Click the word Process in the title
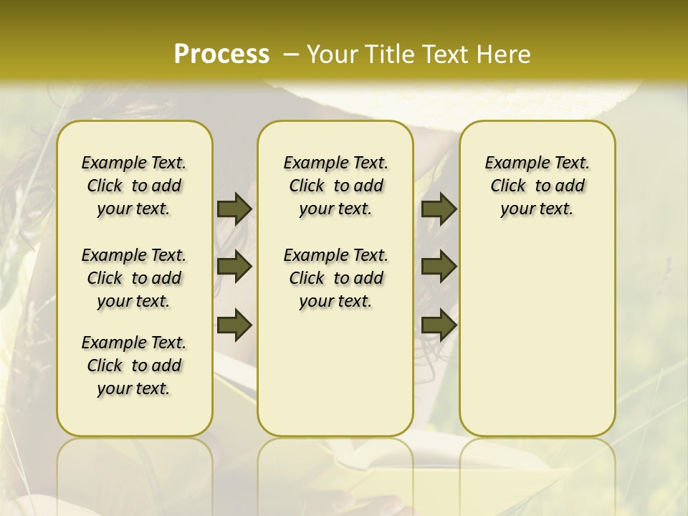click(x=221, y=54)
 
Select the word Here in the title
click(x=502, y=54)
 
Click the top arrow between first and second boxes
click(x=234, y=209)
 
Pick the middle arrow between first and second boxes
click(x=234, y=267)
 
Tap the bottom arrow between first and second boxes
click(x=234, y=325)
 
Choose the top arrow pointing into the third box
click(x=439, y=209)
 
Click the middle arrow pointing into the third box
click(x=439, y=267)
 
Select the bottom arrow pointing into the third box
click(x=439, y=325)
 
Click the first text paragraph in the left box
click(x=134, y=186)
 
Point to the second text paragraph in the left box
click(x=134, y=278)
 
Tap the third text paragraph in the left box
click(x=134, y=365)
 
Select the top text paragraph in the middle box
click(x=335, y=186)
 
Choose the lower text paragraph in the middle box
click(x=335, y=278)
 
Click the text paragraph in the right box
click(x=537, y=186)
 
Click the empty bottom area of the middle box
click(x=335, y=380)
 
